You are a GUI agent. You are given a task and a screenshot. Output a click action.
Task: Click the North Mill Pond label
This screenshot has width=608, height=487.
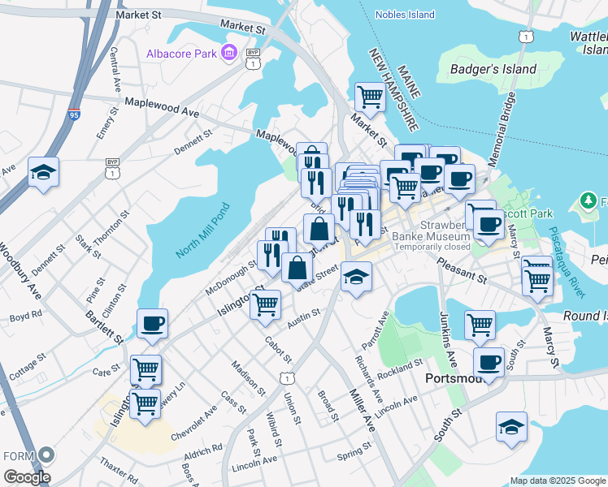point(202,231)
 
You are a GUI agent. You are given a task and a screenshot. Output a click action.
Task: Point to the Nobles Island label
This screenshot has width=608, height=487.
point(406,15)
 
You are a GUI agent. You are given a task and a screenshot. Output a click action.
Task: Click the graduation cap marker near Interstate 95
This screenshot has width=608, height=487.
point(44,172)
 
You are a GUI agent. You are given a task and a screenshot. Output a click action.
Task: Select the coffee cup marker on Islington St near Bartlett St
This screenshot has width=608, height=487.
point(152,324)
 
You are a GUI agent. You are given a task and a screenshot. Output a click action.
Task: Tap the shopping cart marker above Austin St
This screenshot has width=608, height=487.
point(266,305)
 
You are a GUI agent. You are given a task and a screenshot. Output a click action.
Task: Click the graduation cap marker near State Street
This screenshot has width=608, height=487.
point(355,278)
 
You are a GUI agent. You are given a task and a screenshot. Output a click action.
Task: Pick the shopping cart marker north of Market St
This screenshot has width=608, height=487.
point(370,97)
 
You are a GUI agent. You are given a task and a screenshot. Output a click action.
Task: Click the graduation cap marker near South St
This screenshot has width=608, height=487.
point(511,426)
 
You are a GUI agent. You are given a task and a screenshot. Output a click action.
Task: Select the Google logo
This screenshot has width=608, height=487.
point(27,477)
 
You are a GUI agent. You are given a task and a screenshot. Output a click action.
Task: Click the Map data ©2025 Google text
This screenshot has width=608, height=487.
point(558,481)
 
